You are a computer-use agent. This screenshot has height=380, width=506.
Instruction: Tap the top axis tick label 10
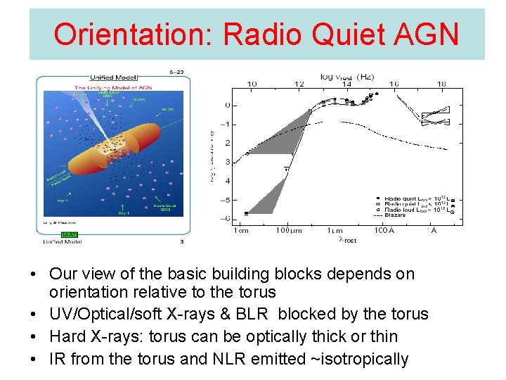pyautogui.click(x=251, y=84)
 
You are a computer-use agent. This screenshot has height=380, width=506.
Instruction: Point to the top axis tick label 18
pyautogui.click(x=441, y=84)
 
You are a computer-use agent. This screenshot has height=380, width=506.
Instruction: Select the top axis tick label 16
pyautogui.click(x=394, y=84)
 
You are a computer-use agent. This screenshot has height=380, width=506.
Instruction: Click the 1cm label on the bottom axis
pyautogui.click(x=241, y=230)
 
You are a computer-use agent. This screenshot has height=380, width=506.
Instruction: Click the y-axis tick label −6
pyautogui.click(x=226, y=218)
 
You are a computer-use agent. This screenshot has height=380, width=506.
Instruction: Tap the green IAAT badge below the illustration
pyautogui.click(x=69, y=234)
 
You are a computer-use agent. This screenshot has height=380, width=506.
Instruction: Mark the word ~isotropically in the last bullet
pyautogui.click(x=354, y=359)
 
